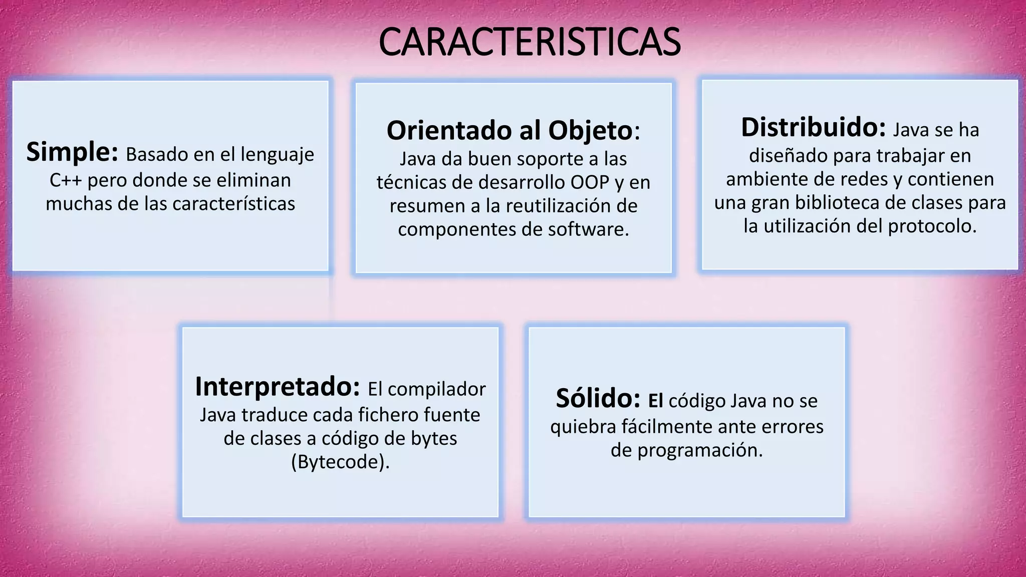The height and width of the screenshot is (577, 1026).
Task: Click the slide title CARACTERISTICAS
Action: [530, 42]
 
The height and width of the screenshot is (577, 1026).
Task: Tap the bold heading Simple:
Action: [72, 152]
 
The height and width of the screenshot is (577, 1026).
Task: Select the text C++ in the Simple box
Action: [66, 180]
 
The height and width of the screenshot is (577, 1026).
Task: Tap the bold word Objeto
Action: [591, 131]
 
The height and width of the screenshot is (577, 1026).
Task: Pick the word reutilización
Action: [565, 206]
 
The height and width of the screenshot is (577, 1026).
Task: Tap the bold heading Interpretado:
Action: [278, 387]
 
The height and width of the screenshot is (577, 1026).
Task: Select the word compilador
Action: [436, 389]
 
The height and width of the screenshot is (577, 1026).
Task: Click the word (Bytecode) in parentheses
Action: [340, 462]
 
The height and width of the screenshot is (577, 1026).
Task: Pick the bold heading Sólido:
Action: [598, 399]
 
